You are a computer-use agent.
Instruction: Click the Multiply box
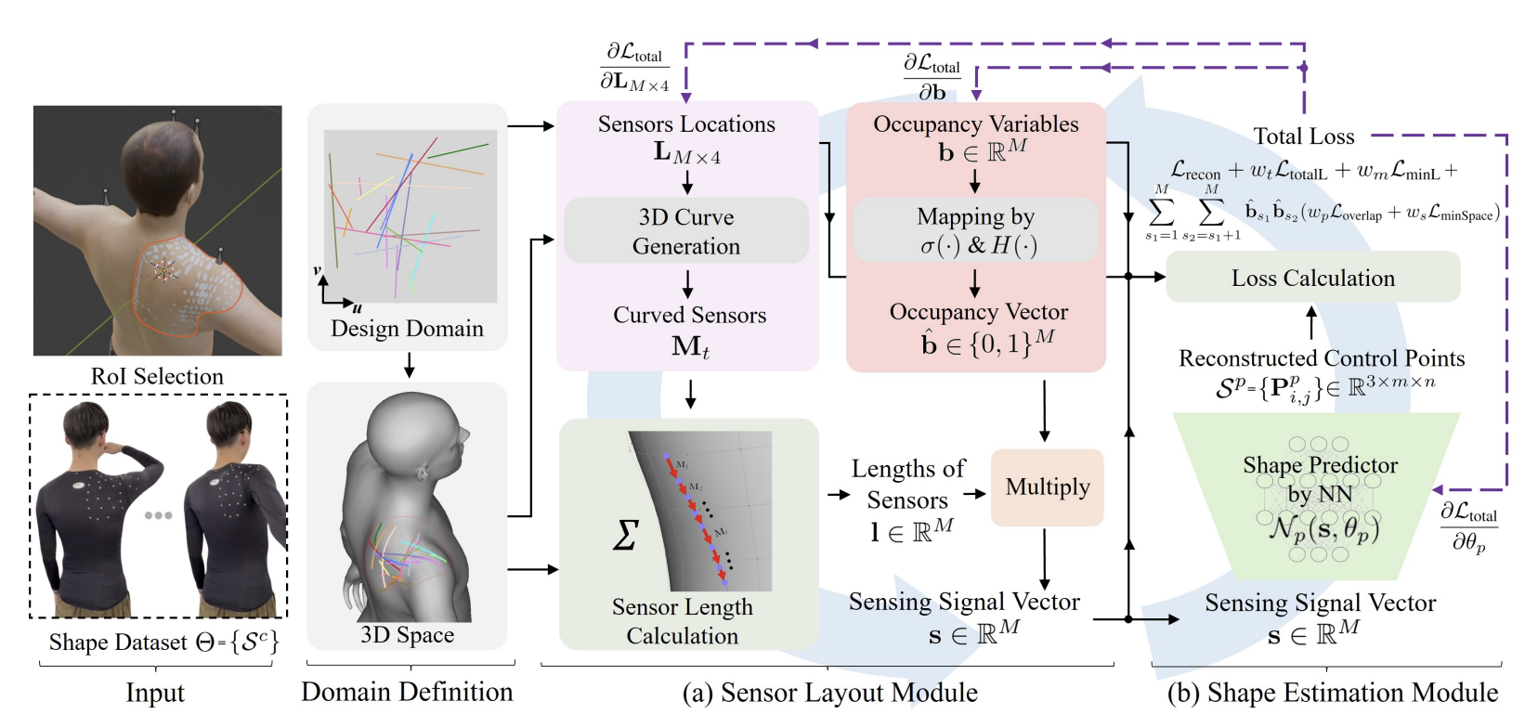(x=1047, y=487)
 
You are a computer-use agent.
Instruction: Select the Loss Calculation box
(x=1312, y=278)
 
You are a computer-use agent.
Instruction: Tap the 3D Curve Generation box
(x=686, y=231)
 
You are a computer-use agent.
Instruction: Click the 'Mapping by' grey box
(x=975, y=230)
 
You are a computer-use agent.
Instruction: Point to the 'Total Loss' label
(x=1303, y=136)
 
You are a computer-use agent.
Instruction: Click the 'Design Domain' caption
(x=407, y=329)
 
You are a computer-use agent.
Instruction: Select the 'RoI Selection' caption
(x=157, y=376)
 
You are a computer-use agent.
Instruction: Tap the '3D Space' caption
(x=407, y=635)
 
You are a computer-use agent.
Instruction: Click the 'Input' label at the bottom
(x=155, y=693)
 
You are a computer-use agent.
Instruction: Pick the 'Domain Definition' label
(x=407, y=692)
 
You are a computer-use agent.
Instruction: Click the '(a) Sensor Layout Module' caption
(x=829, y=693)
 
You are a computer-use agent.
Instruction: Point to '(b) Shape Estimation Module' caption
(x=1332, y=693)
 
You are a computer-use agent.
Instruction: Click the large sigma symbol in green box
(x=626, y=535)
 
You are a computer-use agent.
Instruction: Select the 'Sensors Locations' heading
(x=686, y=124)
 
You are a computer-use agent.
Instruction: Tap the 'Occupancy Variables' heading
(x=975, y=124)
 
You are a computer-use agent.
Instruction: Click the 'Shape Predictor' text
(x=1320, y=465)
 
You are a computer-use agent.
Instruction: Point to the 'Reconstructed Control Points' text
(x=1321, y=358)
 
